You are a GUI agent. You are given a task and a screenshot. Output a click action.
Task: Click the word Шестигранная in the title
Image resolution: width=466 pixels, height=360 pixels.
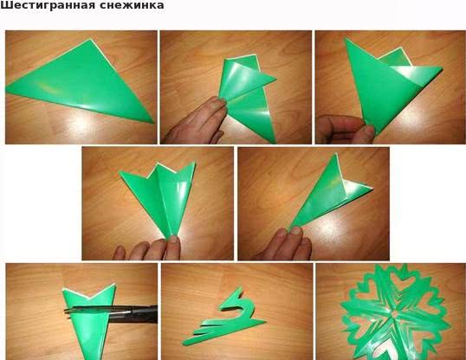coord(45,5)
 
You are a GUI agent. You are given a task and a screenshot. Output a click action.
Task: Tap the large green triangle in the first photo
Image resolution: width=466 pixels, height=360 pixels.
coord(81,81)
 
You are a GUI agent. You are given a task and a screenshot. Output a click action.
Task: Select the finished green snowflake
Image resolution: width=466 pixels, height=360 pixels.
coord(395,312)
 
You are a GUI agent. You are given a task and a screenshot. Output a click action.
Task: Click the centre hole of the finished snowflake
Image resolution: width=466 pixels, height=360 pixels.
coord(395,314)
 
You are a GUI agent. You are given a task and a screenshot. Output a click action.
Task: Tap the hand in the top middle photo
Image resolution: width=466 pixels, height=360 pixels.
coord(195,120)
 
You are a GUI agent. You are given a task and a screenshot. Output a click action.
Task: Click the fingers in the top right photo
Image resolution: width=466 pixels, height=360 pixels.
coord(345,130)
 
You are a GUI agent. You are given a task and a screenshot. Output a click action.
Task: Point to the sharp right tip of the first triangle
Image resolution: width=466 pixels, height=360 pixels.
coord(153,123)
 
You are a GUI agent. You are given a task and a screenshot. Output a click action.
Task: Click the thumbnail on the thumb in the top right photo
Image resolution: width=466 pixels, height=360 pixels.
coord(370,130)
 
